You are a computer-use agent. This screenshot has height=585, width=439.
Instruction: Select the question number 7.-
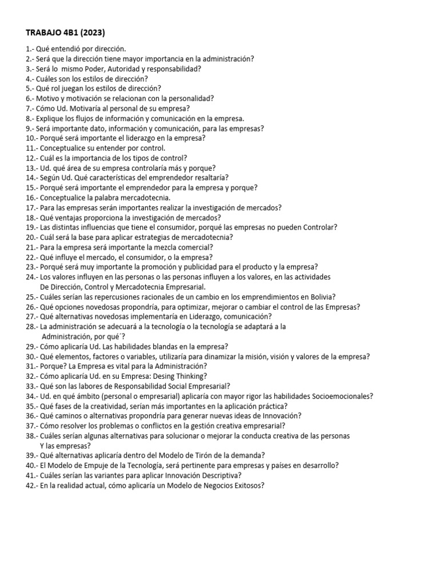point(31,108)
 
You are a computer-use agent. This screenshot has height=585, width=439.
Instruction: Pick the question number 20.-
point(33,237)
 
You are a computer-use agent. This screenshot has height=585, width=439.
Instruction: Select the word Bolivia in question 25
point(320,296)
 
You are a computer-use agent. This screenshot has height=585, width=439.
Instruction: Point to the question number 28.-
point(33,326)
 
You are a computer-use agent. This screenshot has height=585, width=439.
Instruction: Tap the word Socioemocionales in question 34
point(338,396)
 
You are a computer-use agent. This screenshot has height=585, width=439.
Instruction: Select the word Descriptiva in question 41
point(218,475)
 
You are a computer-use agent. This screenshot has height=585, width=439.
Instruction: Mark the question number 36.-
point(33,416)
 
